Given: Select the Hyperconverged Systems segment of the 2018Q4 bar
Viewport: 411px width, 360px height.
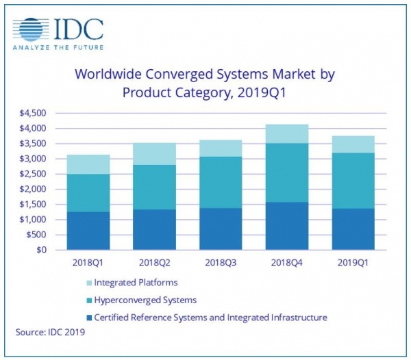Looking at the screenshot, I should coord(288,172).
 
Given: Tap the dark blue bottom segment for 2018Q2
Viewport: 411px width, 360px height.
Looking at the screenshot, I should coord(154,229).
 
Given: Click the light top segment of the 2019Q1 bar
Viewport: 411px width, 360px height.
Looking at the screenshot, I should coord(353,144).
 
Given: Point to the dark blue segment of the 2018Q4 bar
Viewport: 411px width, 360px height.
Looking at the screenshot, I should coord(288,226).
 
